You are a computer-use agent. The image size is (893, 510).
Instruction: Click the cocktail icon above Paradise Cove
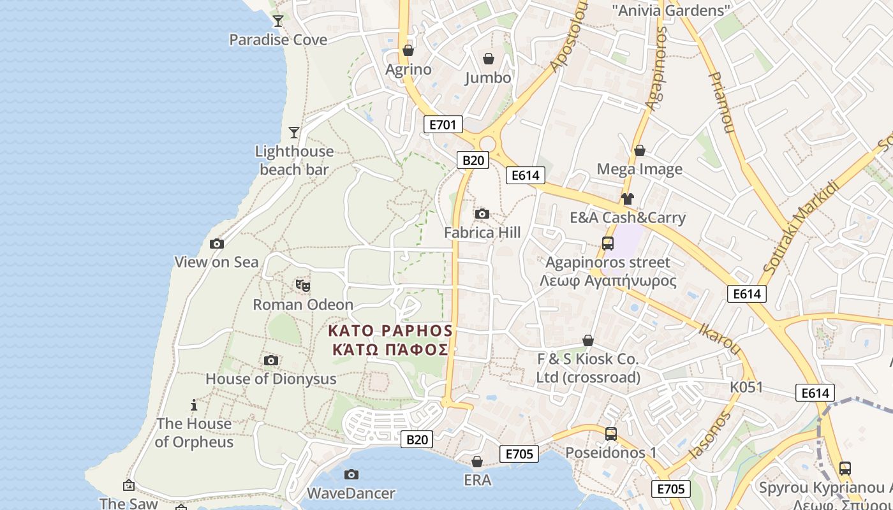pos(277,21)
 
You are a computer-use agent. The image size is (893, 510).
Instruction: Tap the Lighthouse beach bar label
pos(294,160)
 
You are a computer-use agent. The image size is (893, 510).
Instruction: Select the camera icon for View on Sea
pos(217,244)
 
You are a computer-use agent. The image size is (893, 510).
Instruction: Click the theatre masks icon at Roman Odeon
pos(303,286)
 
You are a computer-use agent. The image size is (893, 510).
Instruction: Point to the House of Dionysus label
pos(270,379)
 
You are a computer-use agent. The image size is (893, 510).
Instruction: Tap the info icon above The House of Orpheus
pos(194,405)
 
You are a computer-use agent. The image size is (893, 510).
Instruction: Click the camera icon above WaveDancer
pos(351,474)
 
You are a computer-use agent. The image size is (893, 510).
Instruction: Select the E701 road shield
pos(443,124)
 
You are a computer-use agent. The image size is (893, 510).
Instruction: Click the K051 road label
pos(746,387)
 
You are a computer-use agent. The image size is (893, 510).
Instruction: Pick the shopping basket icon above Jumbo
pos(488,59)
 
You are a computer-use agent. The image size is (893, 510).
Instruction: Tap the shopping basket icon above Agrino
pos(408,50)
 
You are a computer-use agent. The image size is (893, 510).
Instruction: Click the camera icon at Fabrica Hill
pos(482,214)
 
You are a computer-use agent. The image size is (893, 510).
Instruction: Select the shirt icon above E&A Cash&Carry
pos(628,199)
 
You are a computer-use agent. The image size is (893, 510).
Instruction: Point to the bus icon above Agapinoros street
pos(608,243)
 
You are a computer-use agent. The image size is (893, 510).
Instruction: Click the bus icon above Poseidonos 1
pos(611,433)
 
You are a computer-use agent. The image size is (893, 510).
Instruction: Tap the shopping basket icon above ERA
pos(477,461)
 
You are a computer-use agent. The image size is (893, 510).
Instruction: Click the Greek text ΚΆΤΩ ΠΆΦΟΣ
pos(390,349)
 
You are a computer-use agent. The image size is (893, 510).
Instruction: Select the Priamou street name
pos(720,102)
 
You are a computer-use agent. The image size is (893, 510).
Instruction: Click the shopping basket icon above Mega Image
pos(639,150)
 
